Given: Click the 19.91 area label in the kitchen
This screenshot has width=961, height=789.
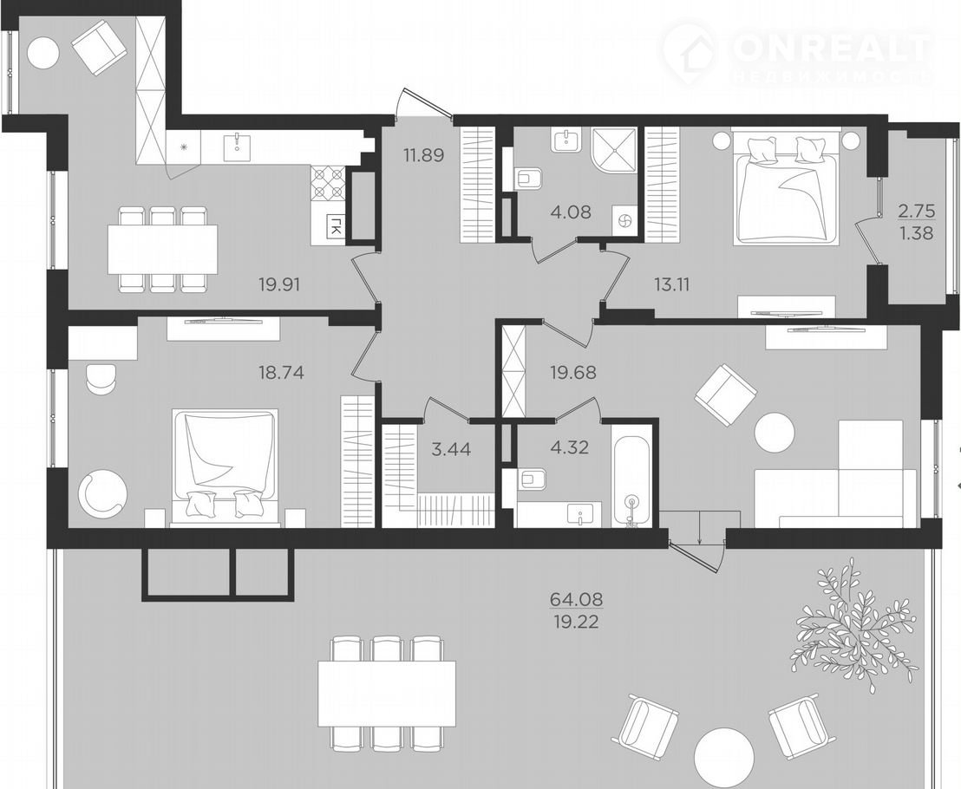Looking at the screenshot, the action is pyautogui.click(x=280, y=284).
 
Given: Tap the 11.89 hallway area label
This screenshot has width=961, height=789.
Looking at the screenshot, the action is pyautogui.click(x=423, y=155).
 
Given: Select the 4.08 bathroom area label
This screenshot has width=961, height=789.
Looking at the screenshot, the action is pyautogui.click(x=571, y=212).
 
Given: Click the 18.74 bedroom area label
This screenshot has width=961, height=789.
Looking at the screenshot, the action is pyautogui.click(x=281, y=373).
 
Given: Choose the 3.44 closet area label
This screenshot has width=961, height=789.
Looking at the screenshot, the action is pyautogui.click(x=451, y=450).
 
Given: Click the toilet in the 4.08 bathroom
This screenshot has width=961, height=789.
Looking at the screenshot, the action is pyautogui.click(x=528, y=179).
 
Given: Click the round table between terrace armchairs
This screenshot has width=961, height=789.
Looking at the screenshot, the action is pyautogui.click(x=724, y=755).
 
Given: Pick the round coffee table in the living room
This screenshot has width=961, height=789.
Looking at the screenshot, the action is pyautogui.click(x=776, y=434).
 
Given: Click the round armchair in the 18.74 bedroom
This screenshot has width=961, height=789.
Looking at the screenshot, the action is pyautogui.click(x=103, y=493).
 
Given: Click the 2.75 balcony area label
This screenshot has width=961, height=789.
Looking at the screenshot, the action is pyautogui.click(x=917, y=212).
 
